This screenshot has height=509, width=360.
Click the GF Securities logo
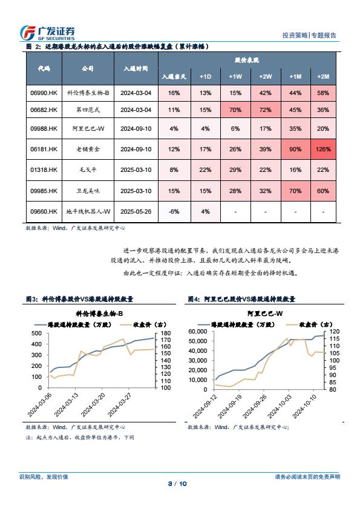click(47, 33)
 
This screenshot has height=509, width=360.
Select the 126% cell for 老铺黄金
click(323, 149)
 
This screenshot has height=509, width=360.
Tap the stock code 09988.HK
click(44, 128)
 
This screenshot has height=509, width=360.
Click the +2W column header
click(265, 77)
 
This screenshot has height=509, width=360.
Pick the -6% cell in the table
click(174, 211)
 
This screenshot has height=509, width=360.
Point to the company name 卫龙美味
click(88, 191)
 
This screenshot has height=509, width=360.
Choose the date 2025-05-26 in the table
click(136, 211)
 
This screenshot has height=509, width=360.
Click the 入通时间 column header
click(136, 68)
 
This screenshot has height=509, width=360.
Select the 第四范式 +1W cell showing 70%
click(235, 110)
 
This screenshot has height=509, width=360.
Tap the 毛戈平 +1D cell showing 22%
click(206, 170)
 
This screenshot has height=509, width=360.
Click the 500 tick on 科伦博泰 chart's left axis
click(37, 333)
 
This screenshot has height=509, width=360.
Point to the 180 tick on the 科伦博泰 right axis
click(166, 333)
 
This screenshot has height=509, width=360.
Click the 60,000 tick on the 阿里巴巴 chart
click(198, 332)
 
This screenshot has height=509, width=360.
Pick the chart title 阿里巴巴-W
click(265, 314)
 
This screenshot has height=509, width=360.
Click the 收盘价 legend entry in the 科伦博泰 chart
click(144, 324)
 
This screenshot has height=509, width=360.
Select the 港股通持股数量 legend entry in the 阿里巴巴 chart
click(237, 324)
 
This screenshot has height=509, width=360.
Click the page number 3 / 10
click(177, 484)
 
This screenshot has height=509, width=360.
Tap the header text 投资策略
click(295, 35)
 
